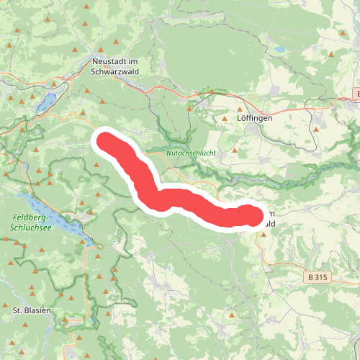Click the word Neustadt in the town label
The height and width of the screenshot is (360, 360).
(x=109, y=62)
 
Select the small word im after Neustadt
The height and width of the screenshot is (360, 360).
(x=132, y=62)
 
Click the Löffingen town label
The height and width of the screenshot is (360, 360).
(x=256, y=117)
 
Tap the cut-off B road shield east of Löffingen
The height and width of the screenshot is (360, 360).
(x=357, y=94)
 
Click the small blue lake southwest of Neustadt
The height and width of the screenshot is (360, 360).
(x=47, y=102)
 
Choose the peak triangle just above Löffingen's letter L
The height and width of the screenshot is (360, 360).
(x=241, y=106)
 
